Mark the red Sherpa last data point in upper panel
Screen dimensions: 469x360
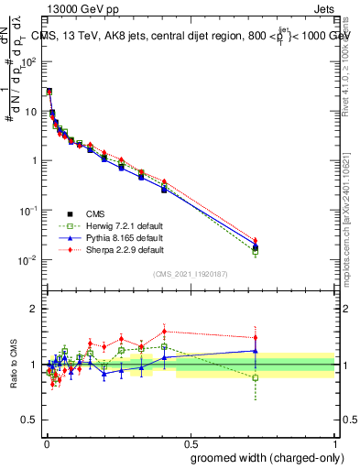tap(256, 242)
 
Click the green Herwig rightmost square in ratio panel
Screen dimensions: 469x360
tap(256, 377)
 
